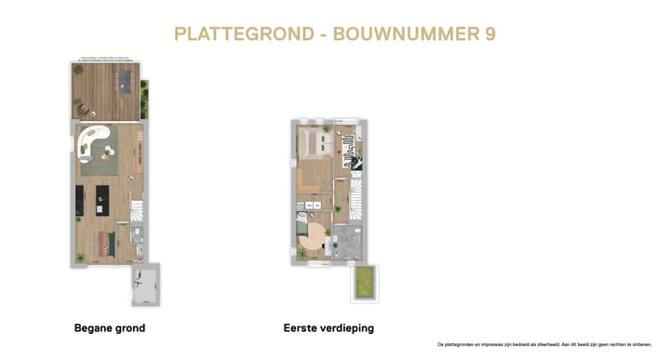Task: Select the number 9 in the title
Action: pos(489,34)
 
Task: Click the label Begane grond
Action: pos(110,328)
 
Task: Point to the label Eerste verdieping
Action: pos(328,328)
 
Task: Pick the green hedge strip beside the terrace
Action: pos(144,99)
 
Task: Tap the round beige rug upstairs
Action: pos(317,233)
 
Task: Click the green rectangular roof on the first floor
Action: pos(364,283)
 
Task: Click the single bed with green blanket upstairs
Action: pos(301,223)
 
